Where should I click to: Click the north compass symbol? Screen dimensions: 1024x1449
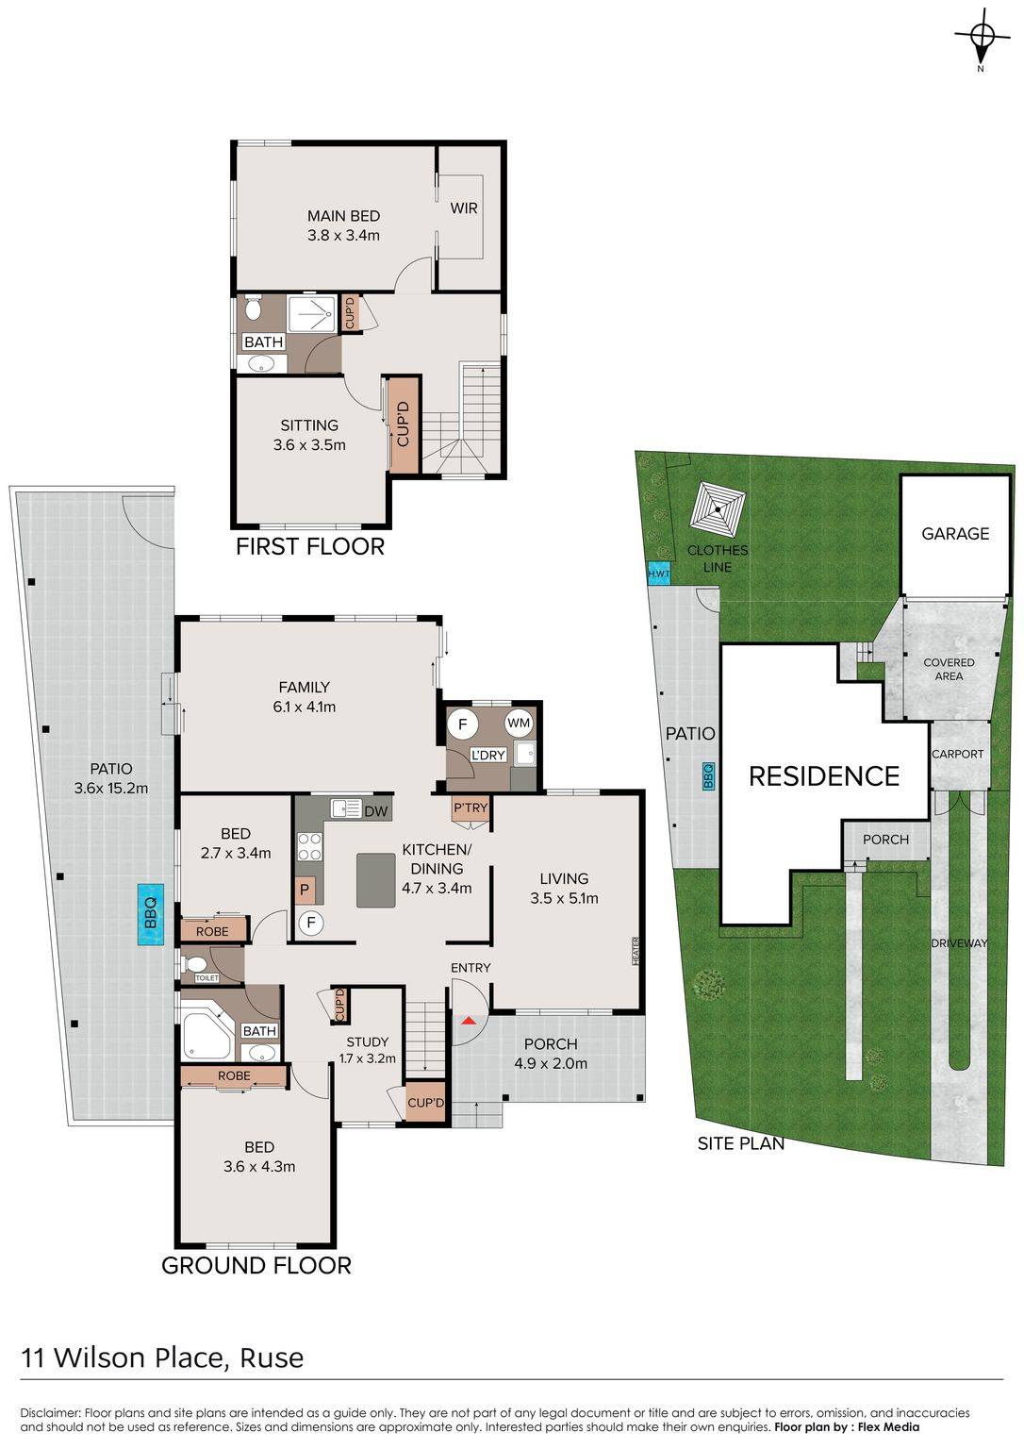(x=982, y=39)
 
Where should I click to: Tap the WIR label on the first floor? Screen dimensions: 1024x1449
(x=464, y=208)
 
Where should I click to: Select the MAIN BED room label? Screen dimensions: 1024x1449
(x=343, y=216)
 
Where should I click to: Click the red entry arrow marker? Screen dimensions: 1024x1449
(x=469, y=1022)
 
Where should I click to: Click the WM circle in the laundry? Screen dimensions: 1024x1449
(x=519, y=724)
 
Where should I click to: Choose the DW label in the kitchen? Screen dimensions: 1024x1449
(x=375, y=811)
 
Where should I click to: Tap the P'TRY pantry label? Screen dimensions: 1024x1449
(x=470, y=808)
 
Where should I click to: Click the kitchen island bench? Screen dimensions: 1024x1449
(x=375, y=881)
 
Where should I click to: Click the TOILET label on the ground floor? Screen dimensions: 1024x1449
(x=206, y=978)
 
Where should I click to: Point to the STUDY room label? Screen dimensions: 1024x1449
(x=367, y=1042)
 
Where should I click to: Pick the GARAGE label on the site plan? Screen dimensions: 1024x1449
(x=955, y=534)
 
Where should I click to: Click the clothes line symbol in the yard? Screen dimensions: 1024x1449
(x=718, y=509)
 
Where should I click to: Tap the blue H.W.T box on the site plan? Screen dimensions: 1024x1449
(x=659, y=575)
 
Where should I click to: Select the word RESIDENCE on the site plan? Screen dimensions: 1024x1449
(x=823, y=776)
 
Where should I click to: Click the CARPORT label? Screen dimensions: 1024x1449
(x=957, y=755)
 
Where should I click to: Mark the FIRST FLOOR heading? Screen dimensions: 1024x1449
(x=309, y=547)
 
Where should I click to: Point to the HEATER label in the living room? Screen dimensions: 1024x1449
(x=636, y=952)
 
